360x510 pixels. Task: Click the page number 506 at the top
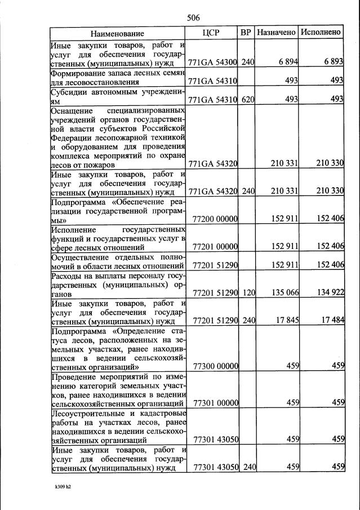193,18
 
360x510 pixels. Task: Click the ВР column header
246,33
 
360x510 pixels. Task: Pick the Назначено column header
276,33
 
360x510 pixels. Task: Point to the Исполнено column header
321,33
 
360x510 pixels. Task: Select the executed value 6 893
332,61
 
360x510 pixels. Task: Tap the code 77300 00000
215,366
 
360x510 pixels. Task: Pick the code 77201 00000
215,246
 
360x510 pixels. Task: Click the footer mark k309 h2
59,486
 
